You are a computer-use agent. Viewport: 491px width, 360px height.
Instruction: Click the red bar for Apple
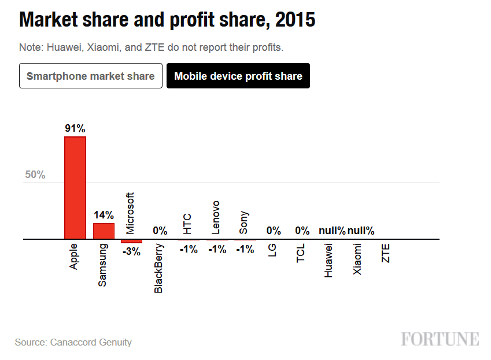click(75, 187)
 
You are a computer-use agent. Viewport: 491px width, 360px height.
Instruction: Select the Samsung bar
click(104, 231)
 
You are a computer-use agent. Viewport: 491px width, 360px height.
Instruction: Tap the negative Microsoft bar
click(131, 241)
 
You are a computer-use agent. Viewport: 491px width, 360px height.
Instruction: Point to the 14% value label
click(104, 216)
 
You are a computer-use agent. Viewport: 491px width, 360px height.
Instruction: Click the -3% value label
click(131, 251)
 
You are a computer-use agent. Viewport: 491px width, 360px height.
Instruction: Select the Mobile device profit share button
click(238, 76)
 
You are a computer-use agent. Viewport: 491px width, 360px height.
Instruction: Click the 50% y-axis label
click(35, 175)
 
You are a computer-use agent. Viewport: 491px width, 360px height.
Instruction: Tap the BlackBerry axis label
click(159, 268)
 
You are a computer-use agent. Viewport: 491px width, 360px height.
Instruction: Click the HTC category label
click(187, 223)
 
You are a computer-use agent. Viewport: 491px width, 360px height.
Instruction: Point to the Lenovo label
click(216, 217)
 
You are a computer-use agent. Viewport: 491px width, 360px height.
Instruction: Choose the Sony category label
click(243, 222)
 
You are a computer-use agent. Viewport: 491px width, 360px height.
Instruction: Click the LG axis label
click(272, 250)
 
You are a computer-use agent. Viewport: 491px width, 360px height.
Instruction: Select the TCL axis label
click(301, 253)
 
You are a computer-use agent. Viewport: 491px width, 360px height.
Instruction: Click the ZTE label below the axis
click(386, 253)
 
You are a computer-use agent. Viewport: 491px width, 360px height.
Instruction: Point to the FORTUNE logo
click(440, 339)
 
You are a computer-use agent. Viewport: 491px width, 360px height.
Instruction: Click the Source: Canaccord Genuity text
click(73, 343)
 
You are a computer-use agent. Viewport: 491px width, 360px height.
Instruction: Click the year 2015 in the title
click(296, 20)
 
